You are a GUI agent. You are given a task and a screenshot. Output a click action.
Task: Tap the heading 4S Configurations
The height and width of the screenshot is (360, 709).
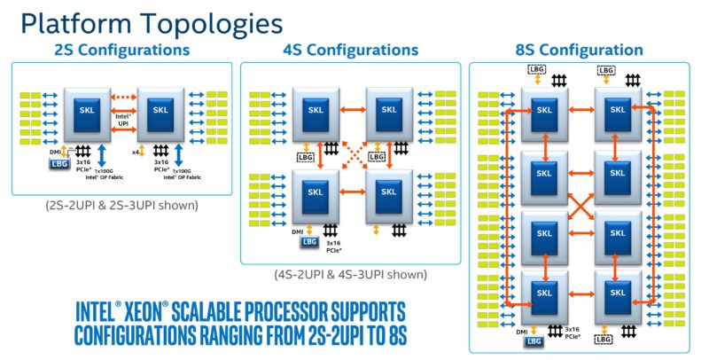(x=353, y=51)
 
